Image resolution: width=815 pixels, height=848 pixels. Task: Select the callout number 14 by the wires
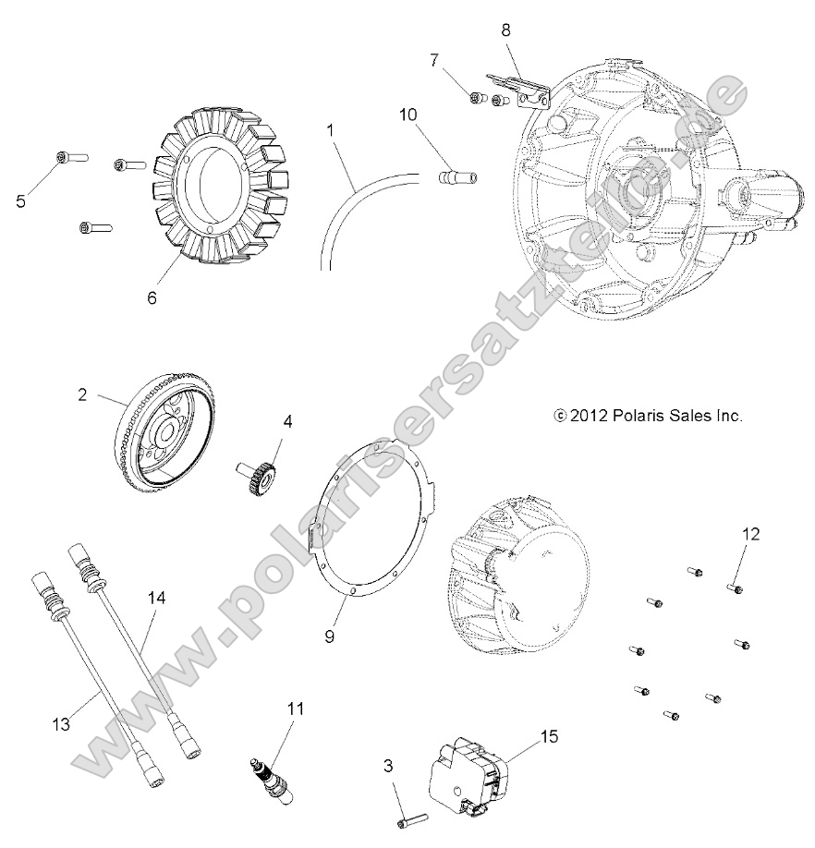pos(157,599)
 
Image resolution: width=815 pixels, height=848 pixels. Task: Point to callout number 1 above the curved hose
pos(330,130)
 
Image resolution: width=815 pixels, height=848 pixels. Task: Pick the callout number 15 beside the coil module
pos(549,736)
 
